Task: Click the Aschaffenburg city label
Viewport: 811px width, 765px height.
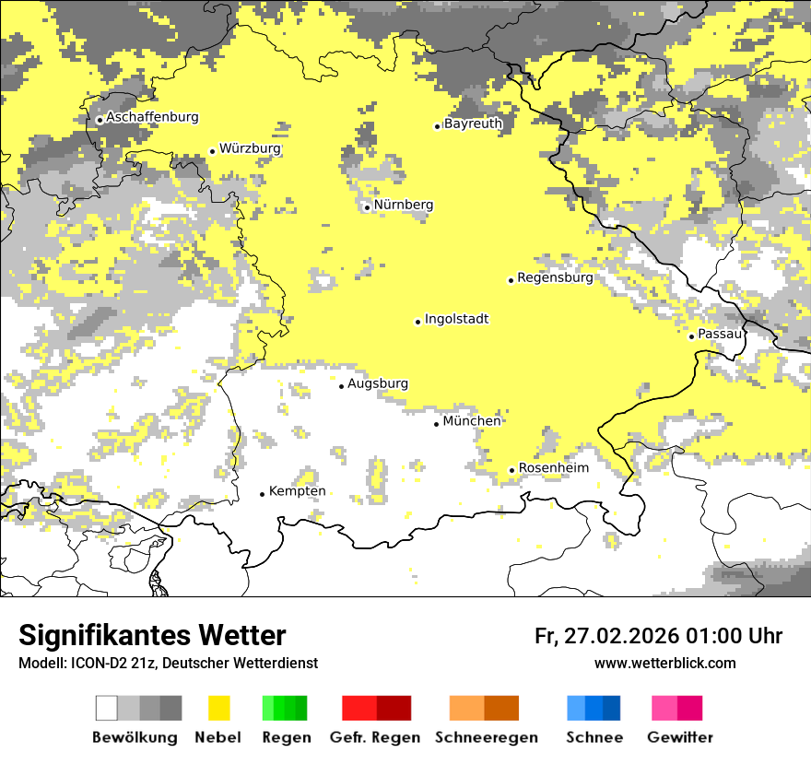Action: [x=152, y=117]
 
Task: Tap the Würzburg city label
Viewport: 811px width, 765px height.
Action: [x=250, y=148]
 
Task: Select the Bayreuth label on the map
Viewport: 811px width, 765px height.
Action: [x=473, y=124]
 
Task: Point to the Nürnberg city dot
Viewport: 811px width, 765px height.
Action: [x=367, y=207]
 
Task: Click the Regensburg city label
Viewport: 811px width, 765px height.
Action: [x=555, y=277]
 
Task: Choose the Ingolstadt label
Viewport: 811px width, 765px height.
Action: [x=456, y=319]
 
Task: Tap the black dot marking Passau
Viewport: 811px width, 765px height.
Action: [x=691, y=336]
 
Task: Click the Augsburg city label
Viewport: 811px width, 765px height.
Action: [x=377, y=383]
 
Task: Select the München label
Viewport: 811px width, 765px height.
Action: [x=472, y=421]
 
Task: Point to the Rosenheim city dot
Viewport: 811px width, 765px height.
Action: [x=511, y=470]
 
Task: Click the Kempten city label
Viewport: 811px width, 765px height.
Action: [x=297, y=491]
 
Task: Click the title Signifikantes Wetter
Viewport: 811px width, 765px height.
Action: [x=152, y=635]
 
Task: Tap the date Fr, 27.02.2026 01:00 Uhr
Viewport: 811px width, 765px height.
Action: [x=658, y=636]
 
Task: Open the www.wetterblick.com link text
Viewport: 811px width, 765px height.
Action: [x=664, y=664]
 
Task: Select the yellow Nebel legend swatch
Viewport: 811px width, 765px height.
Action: [x=218, y=708]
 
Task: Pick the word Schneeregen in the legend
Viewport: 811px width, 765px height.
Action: [x=486, y=737]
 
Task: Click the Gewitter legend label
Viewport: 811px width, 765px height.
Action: [x=679, y=737]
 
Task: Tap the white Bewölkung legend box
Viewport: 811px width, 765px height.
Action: [x=107, y=708]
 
